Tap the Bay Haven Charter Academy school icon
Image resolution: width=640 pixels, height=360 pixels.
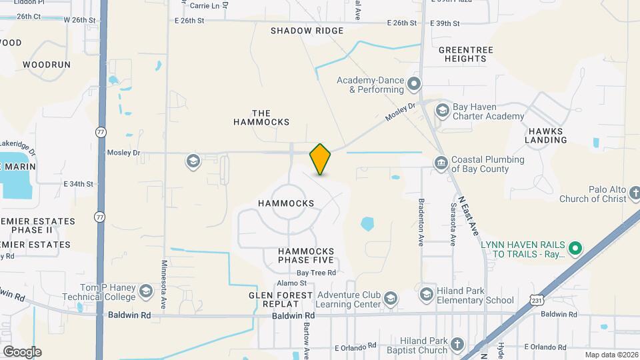[441, 109]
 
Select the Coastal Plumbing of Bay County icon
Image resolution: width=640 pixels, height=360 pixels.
[441, 163]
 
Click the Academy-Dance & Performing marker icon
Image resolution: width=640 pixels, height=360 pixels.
[414, 84]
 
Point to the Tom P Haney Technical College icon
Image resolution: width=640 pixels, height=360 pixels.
[146, 291]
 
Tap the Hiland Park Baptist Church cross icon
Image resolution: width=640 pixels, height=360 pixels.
[457, 345]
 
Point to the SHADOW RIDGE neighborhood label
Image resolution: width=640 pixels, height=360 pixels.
[307, 31]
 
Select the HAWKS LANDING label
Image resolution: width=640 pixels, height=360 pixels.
[545, 135]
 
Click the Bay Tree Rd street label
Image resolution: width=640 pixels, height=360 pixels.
[316, 273]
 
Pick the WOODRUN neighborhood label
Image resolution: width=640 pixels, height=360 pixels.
[46, 65]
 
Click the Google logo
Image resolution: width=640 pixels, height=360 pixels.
[21, 351]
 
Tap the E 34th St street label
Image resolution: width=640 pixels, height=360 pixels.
[79, 183]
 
